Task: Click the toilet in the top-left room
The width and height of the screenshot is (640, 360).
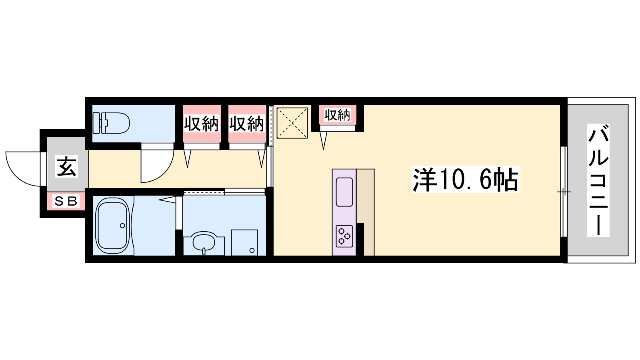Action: (x=111, y=123)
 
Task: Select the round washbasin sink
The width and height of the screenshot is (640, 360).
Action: (x=204, y=242)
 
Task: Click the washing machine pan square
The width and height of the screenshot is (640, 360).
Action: (x=244, y=242)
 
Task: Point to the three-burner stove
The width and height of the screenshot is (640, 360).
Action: (x=344, y=236)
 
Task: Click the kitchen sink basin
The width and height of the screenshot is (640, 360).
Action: (x=344, y=192)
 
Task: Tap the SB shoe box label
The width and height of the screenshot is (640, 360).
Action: (x=66, y=202)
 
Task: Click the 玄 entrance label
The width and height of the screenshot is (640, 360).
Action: (x=66, y=166)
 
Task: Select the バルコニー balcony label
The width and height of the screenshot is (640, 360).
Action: (x=598, y=180)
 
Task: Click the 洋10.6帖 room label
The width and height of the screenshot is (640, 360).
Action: (x=466, y=180)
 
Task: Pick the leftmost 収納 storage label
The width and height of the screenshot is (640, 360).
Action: (x=202, y=124)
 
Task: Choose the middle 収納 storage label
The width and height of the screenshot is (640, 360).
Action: (x=246, y=124)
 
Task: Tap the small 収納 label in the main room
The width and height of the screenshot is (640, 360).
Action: (x=337, y=115)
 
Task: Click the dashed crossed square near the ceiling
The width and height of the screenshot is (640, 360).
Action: (x=292, y=123)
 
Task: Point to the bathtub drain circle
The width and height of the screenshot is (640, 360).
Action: (x=122, y=226)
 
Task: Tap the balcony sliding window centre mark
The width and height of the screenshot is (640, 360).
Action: (x=564, y=192)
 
